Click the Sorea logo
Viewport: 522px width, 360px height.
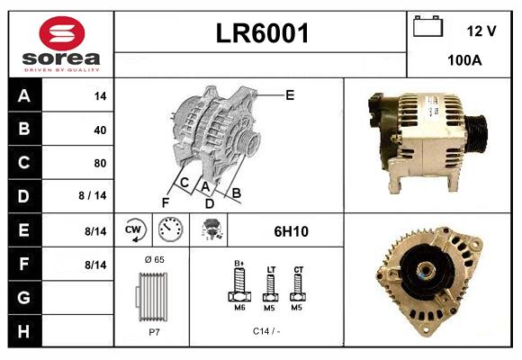click(59, 44)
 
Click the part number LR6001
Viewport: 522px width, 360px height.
click(262, 34)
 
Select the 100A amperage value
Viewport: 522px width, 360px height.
click(464, 61)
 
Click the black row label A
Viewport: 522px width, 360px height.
click(23, 96)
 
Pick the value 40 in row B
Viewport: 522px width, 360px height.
click(99, 130)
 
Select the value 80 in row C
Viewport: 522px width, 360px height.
click(99, 163)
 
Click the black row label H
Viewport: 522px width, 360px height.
click(23, 332)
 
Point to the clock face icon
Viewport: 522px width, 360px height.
click(170, 230)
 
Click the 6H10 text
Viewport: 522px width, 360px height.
click(291, 231)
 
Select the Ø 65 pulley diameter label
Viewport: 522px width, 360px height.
click(153, 260)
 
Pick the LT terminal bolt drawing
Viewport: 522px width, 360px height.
click(270, 287)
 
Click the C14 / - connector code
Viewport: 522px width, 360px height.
click(265, 331)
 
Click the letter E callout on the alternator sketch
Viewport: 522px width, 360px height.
click(290, 94)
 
